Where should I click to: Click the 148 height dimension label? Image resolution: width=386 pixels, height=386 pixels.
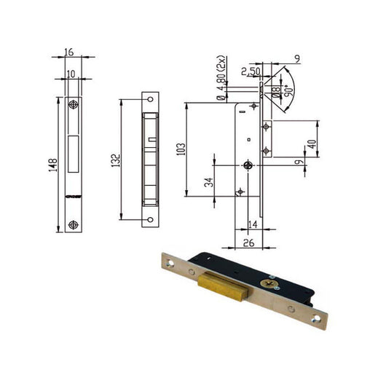(x=53, y=165)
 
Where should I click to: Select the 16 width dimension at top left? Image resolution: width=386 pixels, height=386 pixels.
(x=69, y=52)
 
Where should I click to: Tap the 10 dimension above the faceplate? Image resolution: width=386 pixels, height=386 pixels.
(x=71, y=74)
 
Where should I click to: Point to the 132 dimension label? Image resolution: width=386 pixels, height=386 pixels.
(x=116, y=160)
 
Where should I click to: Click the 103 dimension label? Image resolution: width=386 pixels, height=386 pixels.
(x=181, y=149)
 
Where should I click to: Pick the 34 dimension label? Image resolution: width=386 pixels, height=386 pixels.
(x=209, y=182)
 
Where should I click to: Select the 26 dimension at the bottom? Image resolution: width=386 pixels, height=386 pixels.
(x=248, y=243)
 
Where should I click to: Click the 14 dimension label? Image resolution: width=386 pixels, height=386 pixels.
(x=253, y=224)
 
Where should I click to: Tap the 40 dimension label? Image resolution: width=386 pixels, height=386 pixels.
(x=312, y=144)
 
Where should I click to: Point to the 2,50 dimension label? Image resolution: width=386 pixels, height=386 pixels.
(x=251, y=71)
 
